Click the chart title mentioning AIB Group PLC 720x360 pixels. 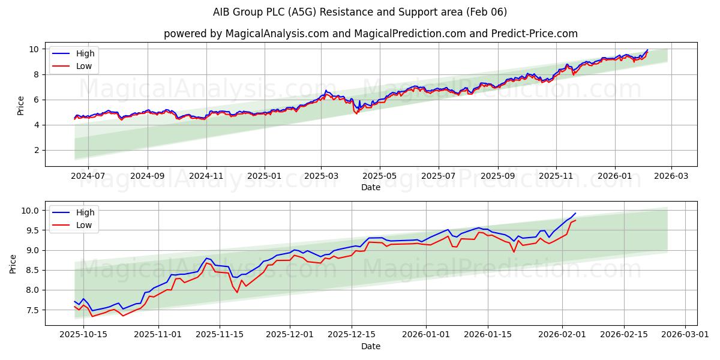click(x=360, y=12)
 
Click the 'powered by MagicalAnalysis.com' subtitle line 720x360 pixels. click(x=371, y=34)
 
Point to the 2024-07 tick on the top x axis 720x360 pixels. click(x=88, y=176)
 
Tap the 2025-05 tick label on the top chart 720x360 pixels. click(x=379, y=176)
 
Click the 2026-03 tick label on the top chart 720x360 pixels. click(x=671, y=176)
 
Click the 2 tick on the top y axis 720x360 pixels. click(x=36, y=150)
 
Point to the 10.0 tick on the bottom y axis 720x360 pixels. click(x=31, y=211)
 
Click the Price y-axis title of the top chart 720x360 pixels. click(x=21, y=105)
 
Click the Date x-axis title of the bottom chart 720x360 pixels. click(x=371, y=346)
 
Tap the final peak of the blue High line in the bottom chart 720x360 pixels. click(x=575, y=213)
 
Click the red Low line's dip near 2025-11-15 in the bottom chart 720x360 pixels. click(x=238, y=292)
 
